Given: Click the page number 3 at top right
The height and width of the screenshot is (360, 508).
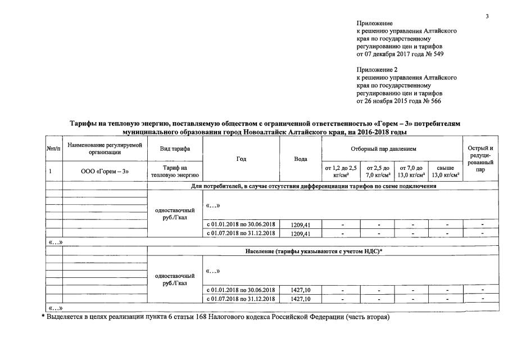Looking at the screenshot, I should (487, 16).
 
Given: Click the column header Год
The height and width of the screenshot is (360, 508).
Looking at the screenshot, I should (241, 159).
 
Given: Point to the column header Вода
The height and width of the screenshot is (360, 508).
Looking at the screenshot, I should (301, 159).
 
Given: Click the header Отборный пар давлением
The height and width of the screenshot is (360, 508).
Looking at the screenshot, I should (391, 148).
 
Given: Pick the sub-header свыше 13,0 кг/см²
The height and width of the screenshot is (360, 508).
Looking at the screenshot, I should (446, 171).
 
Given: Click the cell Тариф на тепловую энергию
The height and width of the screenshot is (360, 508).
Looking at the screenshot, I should (174, 171).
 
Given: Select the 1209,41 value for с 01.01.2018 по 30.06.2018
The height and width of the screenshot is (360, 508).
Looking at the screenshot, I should (301, 224).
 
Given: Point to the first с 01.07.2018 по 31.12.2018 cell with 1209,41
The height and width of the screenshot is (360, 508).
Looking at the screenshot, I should (241, 233).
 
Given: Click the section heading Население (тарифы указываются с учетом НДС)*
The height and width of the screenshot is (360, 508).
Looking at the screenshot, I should (314, 251).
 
